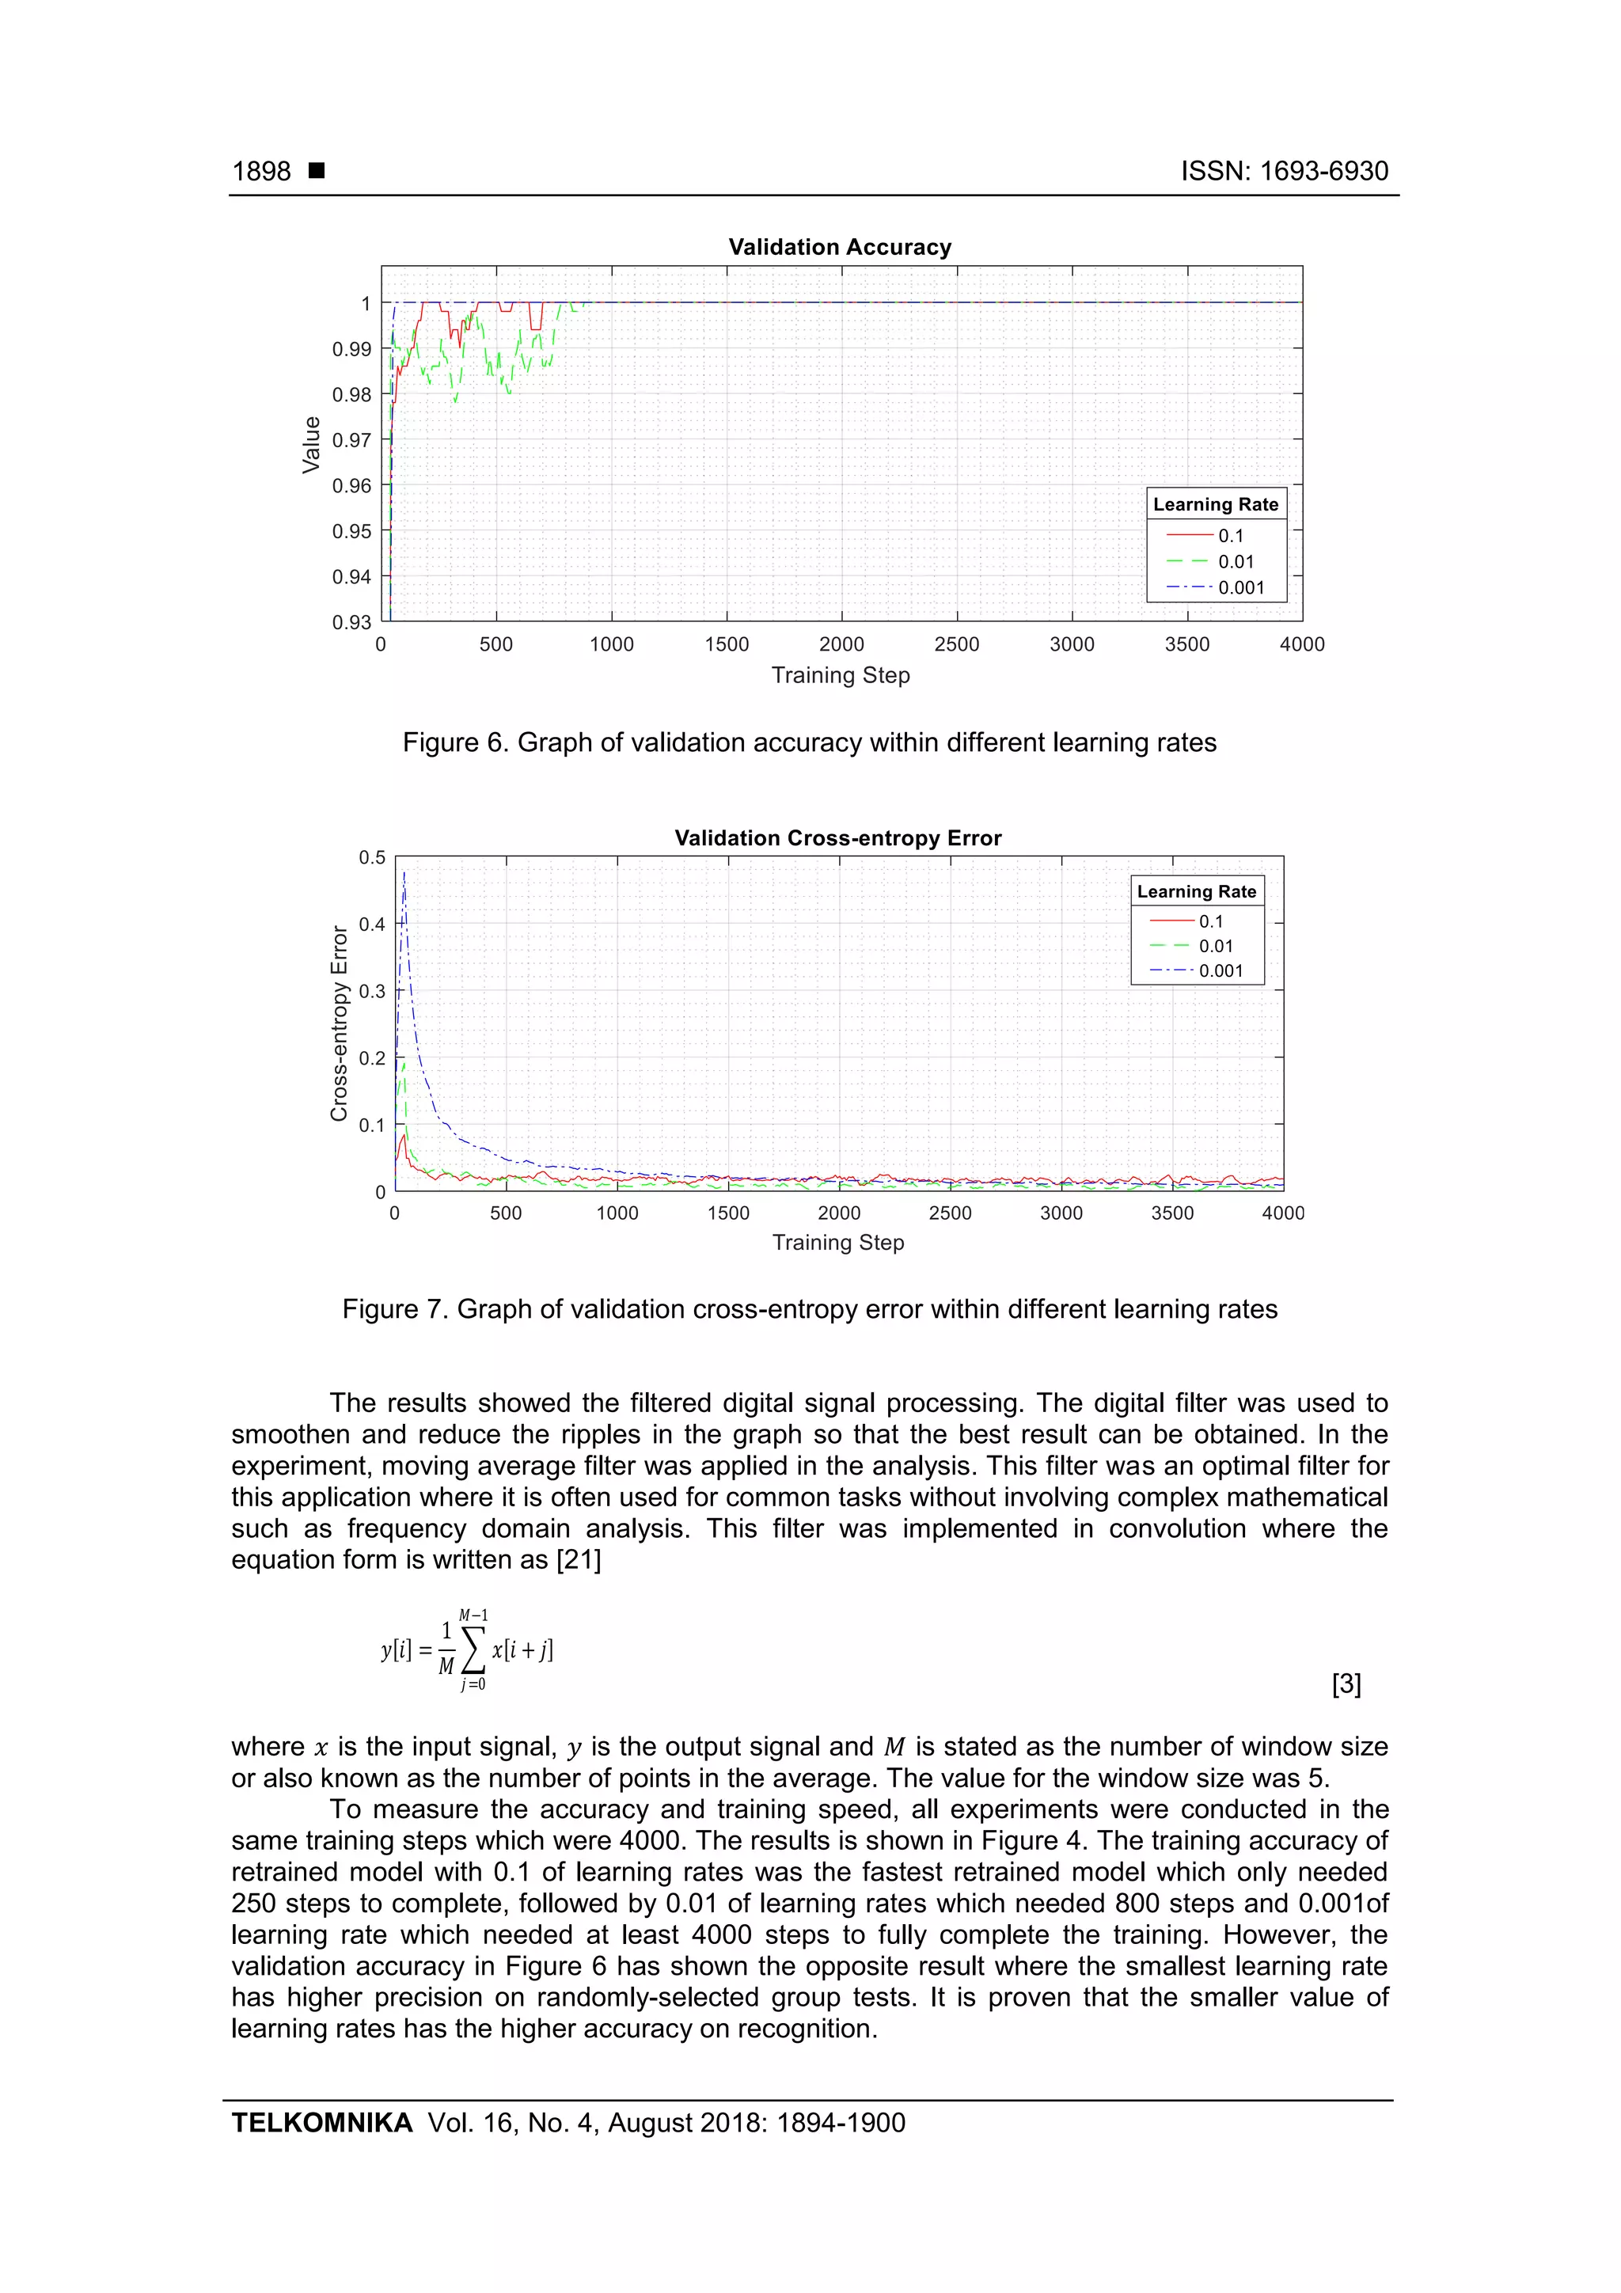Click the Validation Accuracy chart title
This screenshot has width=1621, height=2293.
[839, 247]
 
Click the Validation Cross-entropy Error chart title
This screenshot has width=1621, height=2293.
[837, 838]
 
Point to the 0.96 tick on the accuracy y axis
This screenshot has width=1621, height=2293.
[351, 485]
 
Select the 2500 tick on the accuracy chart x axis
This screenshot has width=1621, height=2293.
[956, 644]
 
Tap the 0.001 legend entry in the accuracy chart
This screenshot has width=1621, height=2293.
[1240, 587]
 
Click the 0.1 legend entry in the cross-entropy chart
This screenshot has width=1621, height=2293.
[1210, 921]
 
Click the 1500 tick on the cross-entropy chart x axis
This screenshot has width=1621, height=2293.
[728, 1213]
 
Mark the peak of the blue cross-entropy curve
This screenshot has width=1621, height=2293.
[404, 873]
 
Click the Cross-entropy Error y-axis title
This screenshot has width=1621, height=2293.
[339, 1023]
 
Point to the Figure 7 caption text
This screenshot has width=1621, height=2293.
[809, 1308]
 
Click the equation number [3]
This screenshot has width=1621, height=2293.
[1346, 1684]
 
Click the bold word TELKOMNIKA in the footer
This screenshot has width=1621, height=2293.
[321, 2122]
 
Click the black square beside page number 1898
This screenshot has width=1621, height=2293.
[317, 171]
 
